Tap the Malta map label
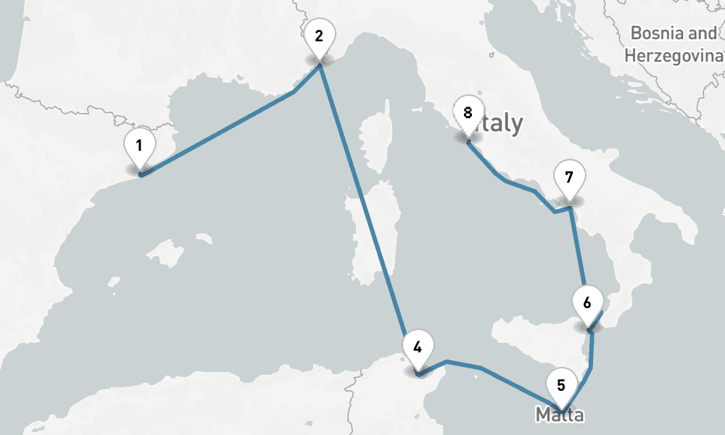pos(559,415)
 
